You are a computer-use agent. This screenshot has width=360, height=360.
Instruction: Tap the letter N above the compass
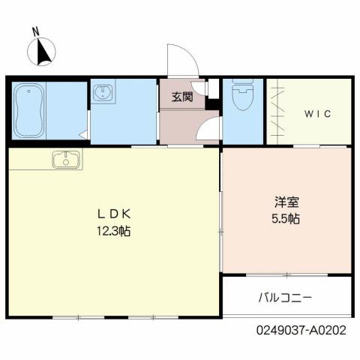pos(35,31)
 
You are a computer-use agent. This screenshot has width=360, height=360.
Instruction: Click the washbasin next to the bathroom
pos(102,94)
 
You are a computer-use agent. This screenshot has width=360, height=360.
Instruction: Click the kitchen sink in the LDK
pos(66,159)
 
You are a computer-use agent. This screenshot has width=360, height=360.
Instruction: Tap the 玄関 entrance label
pos(182,97)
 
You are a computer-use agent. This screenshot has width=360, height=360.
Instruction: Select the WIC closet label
pos(318,114)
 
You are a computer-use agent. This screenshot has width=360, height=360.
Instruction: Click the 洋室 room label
pos(286,202)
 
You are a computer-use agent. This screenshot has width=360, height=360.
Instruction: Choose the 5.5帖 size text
pos(286,220)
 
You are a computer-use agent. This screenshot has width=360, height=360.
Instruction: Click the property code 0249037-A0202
pos(302,328)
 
